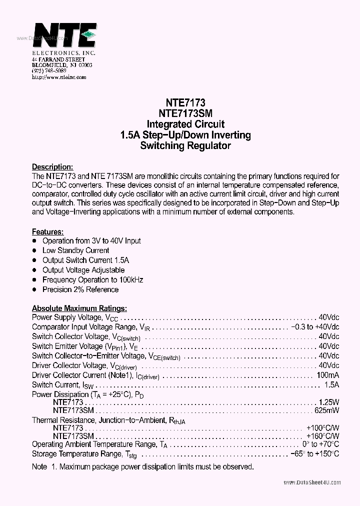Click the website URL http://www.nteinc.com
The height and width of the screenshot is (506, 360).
[x=59, y=77]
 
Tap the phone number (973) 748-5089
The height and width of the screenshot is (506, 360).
[x=49, y=71]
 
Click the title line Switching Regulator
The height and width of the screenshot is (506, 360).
[x=185, y=146]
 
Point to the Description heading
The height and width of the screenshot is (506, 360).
[x=52, y=166]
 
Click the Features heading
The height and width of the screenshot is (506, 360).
[x=48, y=232]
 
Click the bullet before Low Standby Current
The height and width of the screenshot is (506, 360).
[x=34, y=250]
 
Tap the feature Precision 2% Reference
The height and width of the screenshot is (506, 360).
[x=80, y=289]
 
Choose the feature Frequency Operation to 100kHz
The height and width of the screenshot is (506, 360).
[x=92, y=280]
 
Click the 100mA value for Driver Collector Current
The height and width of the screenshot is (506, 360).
[x=327, y=375]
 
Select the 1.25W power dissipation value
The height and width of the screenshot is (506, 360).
[x=328, y=401]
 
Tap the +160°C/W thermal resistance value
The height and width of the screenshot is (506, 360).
[x=322, y=436]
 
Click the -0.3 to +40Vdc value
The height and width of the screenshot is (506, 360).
[x=314, y=327]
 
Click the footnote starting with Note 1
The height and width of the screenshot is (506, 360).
[x=142, y=467]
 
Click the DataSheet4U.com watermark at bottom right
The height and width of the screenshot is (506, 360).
[x=312, y=482]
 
